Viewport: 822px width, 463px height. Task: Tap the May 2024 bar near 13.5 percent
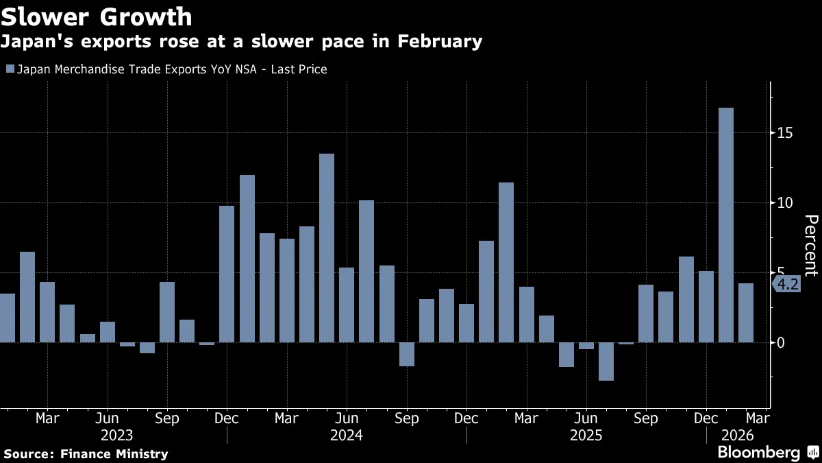(327, 248)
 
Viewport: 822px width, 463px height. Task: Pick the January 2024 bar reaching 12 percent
(247, 259)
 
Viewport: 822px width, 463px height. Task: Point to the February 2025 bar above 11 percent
(506, 262)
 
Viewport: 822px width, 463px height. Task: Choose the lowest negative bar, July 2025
(606, 361)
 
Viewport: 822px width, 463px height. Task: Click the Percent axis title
(810, 245)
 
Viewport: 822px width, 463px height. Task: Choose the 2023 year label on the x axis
(116, 435)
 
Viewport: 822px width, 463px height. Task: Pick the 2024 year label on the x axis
(347, 435)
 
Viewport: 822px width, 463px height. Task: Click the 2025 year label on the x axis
(586, 435)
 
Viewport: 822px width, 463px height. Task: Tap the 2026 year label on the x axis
(737, 435)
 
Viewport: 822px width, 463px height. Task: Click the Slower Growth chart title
(97, 16)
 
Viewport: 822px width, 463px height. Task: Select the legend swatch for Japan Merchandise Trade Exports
(9, 69)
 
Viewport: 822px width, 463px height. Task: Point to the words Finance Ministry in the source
(114, 453)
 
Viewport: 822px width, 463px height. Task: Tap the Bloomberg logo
(758, 452)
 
